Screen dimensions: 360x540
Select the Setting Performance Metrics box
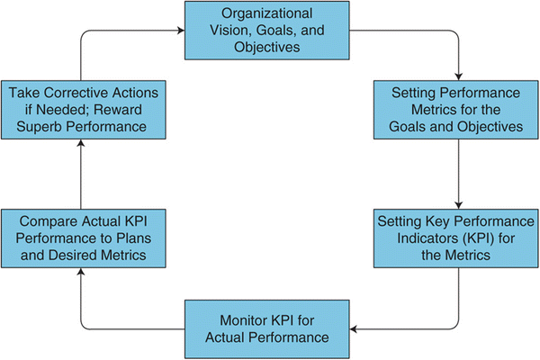coord(457,108)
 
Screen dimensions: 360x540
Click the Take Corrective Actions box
coord(80,108)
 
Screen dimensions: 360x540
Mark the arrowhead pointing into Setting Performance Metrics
coord(458,76)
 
